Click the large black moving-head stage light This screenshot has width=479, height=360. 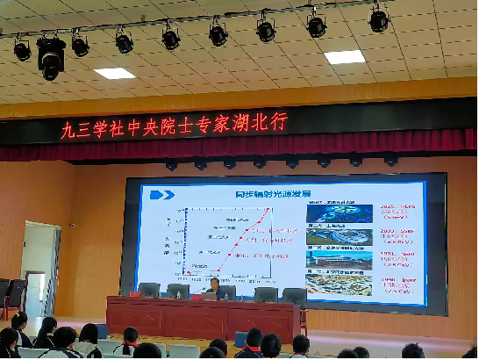[x=51, y=56]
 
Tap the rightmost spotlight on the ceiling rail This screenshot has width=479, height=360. [x=378, y=20]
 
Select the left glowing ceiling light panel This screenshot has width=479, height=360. [x=114, y=73]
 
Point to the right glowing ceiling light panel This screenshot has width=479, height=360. [x=344, y=56]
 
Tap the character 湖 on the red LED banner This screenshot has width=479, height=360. [x=230, y=123]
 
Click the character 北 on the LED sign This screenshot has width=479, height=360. [x=254, y=122]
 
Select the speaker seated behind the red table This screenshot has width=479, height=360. [x=213, y=286]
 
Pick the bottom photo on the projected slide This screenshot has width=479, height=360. [x=325, y=283]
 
